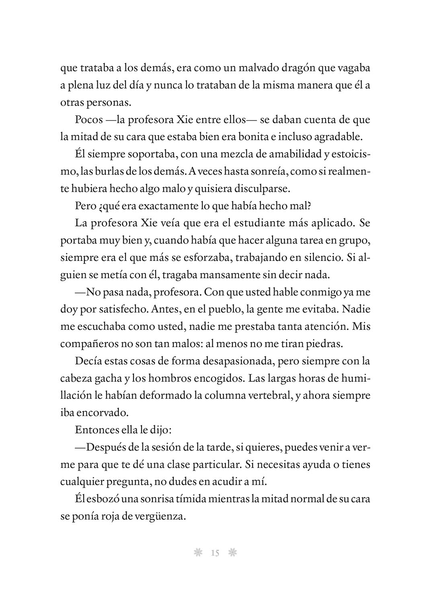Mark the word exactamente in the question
coord(168,206)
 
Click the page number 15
coord(215,553)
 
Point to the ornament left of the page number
coord(197,553)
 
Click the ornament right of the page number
coord(232,553)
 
